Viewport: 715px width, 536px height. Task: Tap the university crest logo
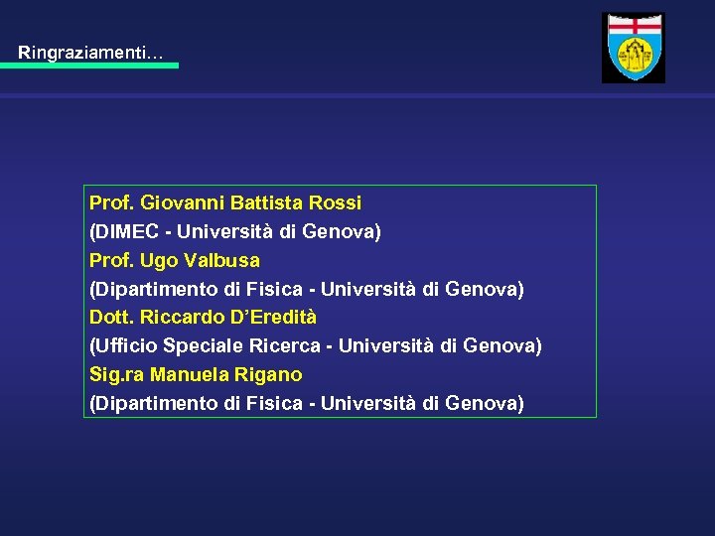point(634,48)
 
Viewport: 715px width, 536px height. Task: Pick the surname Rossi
point(336,203)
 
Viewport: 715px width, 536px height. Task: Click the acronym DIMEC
point(125,232)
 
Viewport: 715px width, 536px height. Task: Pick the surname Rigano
point(269,375)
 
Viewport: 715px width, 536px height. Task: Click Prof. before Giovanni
point(112,203)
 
